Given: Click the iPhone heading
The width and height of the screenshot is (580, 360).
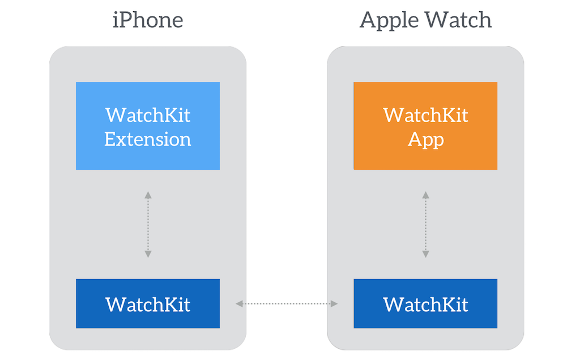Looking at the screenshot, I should click(148, 20).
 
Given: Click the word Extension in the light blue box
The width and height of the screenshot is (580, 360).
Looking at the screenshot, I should click(148, 139).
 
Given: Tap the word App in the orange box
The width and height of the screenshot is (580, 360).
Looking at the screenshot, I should click(425, 139).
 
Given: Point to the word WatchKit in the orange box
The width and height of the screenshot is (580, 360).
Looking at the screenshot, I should click(425, 115).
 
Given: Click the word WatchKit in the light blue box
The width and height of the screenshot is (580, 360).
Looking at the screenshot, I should click(148, 115).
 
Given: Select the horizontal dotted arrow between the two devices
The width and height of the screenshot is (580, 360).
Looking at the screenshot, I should click(287, 304).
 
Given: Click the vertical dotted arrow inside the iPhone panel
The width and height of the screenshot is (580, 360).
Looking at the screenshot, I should click(148, 225).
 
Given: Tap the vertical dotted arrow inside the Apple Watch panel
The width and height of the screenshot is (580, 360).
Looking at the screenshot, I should click(425, 225).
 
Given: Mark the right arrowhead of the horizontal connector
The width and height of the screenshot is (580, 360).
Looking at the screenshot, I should click(334, 304).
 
